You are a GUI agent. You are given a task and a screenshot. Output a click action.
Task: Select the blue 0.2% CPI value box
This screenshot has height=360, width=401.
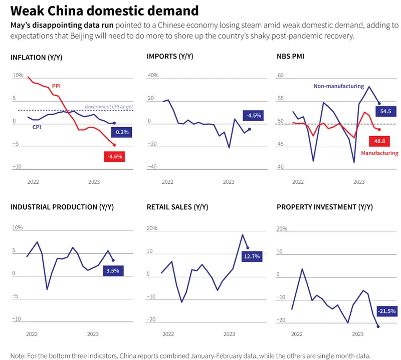(x=121, y=132)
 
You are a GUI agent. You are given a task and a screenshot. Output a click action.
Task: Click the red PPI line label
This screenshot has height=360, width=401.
(x=57, y=86)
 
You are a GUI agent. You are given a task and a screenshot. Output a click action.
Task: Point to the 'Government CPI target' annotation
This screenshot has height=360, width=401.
(x=109, y=106)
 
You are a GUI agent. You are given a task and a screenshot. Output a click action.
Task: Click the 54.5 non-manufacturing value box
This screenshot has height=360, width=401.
(x=385, y=111)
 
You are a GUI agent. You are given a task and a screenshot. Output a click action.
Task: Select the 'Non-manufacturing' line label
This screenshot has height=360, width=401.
(x=339, y=86)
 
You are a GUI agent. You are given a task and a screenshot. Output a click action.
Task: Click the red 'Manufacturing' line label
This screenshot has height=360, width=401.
(x=379, y=153)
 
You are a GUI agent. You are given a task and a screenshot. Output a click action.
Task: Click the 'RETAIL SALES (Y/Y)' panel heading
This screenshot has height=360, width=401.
(x=177, y=207)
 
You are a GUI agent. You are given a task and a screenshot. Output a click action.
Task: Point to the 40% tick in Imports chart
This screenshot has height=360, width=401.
(x=152, y=76)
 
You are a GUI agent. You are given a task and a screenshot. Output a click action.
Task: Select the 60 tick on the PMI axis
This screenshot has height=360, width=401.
(x=280, y=76)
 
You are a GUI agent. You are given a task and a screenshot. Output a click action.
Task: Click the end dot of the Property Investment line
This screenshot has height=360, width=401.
(x=378, y=326)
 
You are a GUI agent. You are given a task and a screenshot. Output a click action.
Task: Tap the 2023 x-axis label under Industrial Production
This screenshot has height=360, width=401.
(x=93, y=334)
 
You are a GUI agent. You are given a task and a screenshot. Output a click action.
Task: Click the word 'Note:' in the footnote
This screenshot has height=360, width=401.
(x=18, y=355)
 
